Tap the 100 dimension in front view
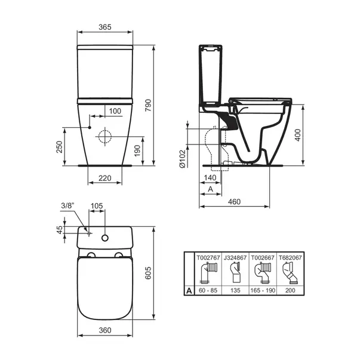click(115, 110)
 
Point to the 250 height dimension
click(60, 147)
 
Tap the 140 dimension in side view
click(210, 177)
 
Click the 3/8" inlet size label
click(69, 206)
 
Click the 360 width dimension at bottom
click(105, 331)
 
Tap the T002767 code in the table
click(208, 258)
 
